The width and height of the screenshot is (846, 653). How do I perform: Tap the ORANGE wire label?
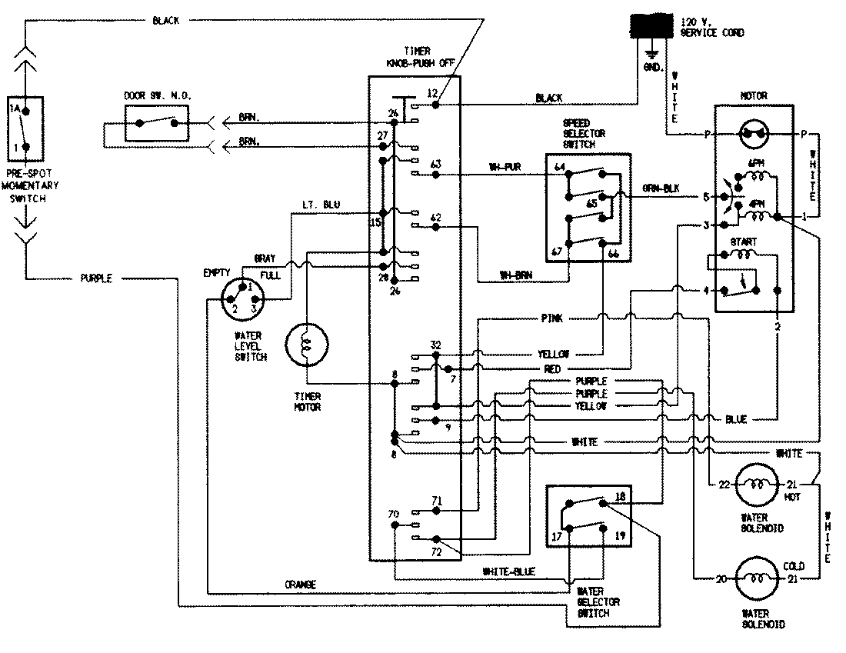300,585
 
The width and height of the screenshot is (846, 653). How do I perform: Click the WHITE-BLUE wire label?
509,571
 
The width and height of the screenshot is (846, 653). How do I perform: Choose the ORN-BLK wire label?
661,188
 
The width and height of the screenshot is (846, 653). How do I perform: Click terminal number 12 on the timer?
432,93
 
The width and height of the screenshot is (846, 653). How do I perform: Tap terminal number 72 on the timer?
436,552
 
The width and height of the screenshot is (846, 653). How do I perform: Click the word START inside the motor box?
744,242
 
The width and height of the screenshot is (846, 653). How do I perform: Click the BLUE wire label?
735,419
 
